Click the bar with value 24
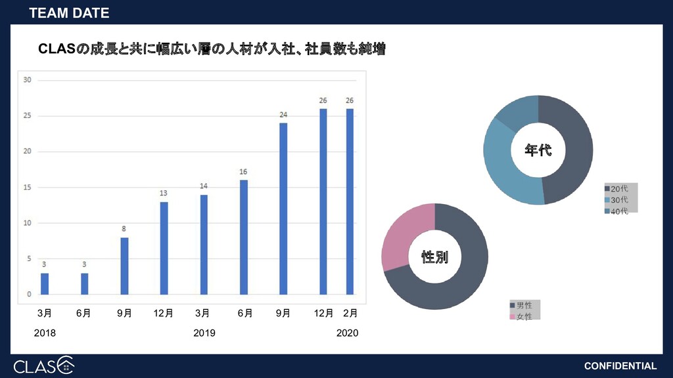coord(283,208)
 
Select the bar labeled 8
coord(124,266)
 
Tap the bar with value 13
coord(164,248)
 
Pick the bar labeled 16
coord(243,237)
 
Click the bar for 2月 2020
coord(350,201)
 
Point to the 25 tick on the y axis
coord(27,116)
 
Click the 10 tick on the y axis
coord(27,223)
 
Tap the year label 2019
coord(204,333)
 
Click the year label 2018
coord(45,333)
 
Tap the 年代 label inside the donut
coord(538,150)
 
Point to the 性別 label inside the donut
coord(434,257)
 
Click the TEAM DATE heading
coord(69,13)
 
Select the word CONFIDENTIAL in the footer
coord(620,366)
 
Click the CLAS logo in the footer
coord(43,365)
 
